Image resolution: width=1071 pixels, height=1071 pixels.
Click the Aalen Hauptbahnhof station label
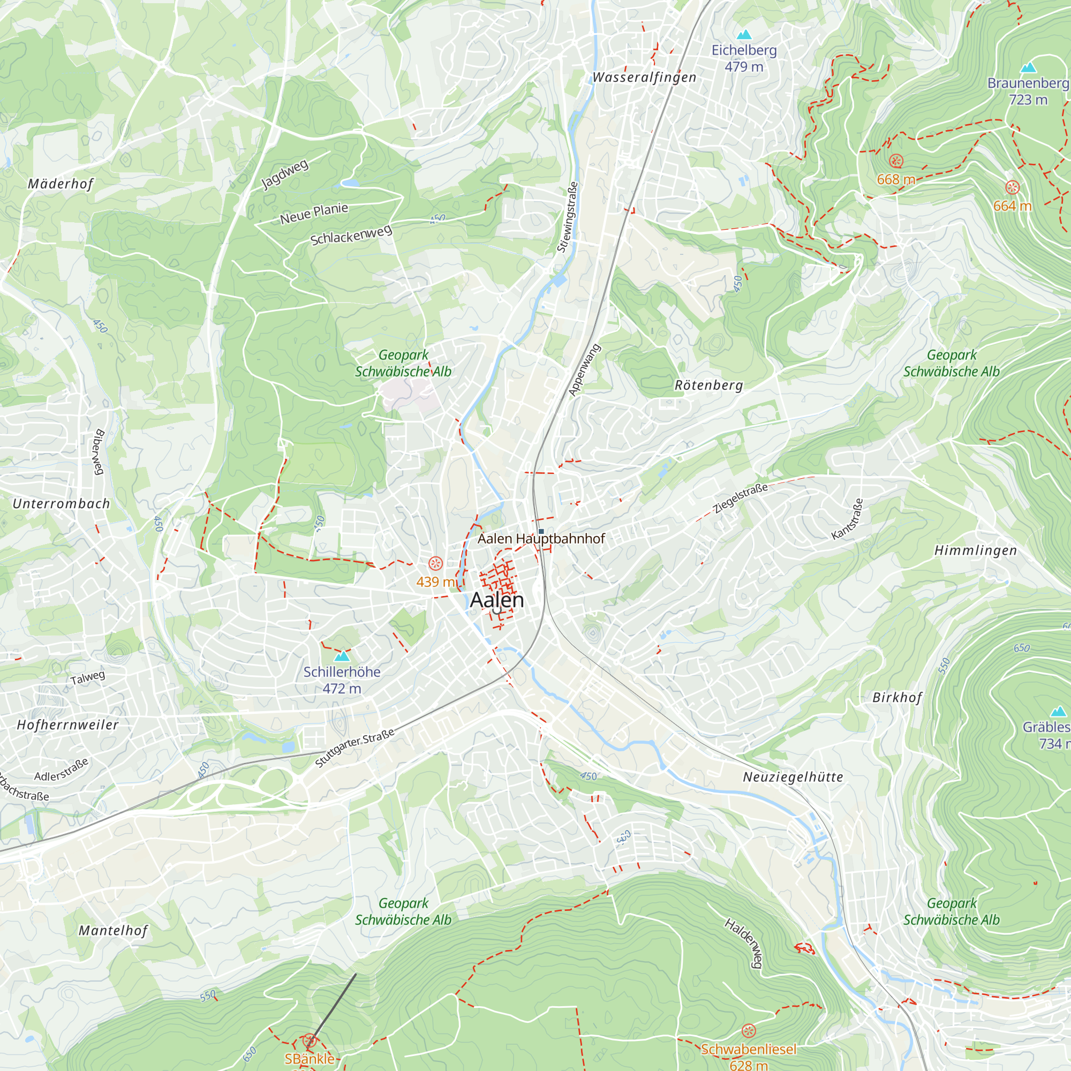coord(541,539)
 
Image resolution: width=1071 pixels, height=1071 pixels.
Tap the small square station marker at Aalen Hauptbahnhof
coord(541,532)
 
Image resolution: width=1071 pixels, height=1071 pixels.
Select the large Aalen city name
coord(497,600)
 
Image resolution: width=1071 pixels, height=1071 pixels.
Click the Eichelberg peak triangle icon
coord(744,34)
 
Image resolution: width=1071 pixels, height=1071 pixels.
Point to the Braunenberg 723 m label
coord(1028,92)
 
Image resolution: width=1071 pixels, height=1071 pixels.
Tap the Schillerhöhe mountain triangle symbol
coord(342,657)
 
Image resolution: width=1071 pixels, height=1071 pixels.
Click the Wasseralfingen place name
coord(644,78)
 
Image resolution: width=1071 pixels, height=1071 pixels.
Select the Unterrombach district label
coord(62,504)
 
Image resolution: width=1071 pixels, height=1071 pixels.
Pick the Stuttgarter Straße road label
coord(355,748)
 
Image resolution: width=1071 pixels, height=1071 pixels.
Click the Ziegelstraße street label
coord(741,498)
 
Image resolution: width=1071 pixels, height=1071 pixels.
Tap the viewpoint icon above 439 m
coord(436,564)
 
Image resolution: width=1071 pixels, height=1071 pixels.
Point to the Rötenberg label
coord(708,385)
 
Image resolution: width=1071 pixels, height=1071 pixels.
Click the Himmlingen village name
coord(976,550)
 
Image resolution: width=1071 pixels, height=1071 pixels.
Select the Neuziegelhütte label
coord(793,777)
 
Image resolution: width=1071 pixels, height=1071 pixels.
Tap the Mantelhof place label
coord(113,930)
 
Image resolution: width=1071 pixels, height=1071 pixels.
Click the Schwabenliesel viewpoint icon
coord(749,1031)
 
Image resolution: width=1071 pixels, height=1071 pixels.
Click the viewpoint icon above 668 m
coord(896,161)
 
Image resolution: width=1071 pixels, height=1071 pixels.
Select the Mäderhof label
coord(61,184)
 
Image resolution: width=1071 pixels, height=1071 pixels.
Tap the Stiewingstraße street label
coord(568,217)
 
